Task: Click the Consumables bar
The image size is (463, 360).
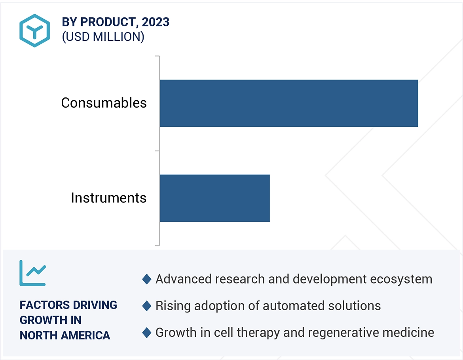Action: click(288, 103)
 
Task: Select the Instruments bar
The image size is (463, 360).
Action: click(214, 198)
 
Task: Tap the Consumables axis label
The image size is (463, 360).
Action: click(104, 103)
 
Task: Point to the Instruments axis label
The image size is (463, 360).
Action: click(108, 198)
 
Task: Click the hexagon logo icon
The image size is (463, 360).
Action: click(35, 30)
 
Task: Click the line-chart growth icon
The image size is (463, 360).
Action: click(33, 273)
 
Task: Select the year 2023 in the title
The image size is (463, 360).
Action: click(156, 22)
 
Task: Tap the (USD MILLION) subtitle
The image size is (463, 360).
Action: click(103, 37)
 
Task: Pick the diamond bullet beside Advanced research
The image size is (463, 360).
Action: click(147, 279)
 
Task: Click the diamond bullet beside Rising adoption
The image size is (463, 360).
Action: click(147, 306)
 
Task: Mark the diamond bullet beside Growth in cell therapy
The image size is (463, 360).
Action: click(147, 332)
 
